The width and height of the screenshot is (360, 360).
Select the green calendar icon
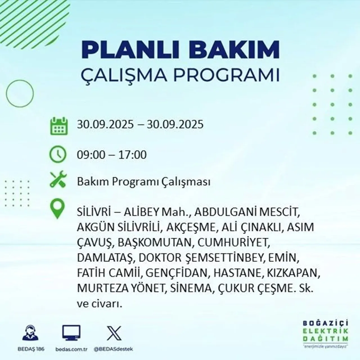(x=59, y=126)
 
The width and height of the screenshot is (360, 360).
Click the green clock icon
(x=58, y=154)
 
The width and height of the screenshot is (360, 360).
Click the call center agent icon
(x=30, y=334)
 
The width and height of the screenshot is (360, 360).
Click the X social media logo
(x=114, y=333)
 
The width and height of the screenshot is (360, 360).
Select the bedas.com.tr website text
(x=71, y=349)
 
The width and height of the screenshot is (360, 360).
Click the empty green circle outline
(x=20, y=93)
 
